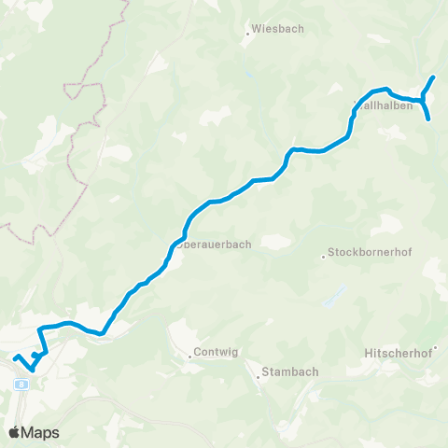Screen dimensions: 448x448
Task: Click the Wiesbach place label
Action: (x=279, y=29)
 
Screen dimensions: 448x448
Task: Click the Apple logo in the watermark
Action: (x=14, y=432)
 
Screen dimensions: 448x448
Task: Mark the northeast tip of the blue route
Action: (x=434, y=77)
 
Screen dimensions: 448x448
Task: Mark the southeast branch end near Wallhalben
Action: (x=428, y=119)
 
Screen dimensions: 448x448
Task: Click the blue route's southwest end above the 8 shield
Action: (x=15, y=357)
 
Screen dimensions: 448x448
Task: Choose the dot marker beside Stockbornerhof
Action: (x=324, y=254)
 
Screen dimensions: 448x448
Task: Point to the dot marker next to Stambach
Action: (x=259, y=377)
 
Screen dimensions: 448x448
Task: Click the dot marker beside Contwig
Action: (x=189, y=354)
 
